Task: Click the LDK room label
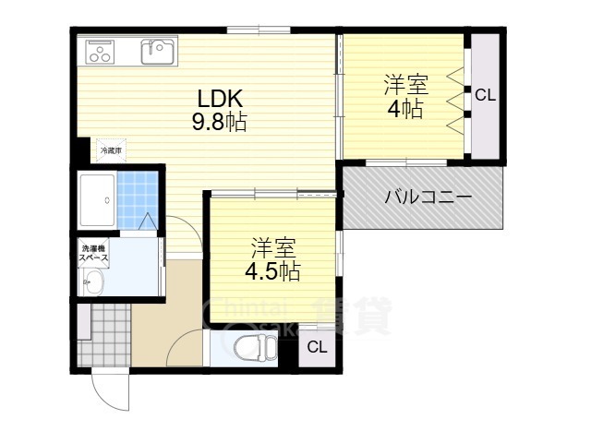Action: click(x=219, y=99)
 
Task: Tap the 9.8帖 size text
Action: click(x=219, y=123)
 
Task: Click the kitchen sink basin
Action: click(x=159, y=53)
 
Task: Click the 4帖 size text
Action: click(x=405, y=109)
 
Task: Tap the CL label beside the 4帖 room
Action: click(x=486, y=94)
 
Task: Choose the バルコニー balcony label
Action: click(x=428, y=197)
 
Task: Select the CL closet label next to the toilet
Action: click(x=317, y=347)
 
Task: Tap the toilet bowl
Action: click(x=252, y=349)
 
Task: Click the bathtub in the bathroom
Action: click(x=96, y=199)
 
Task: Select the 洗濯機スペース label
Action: click(x=93, y=254)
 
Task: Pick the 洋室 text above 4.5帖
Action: click(x=272, y=247)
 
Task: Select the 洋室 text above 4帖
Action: click(x=405, y=86)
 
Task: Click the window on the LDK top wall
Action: click(x=258, y=31)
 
